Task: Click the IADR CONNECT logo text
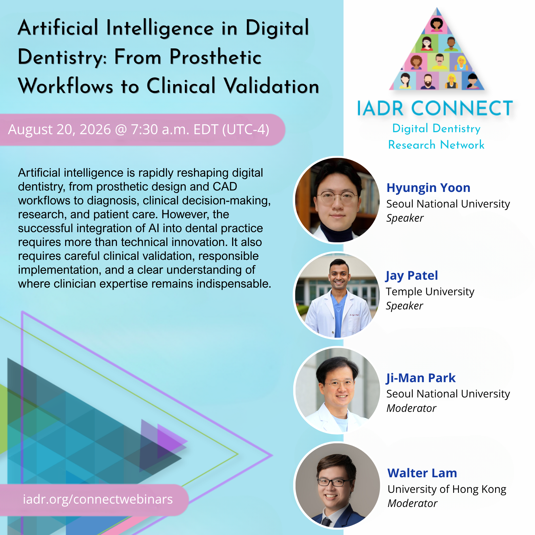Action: click(435, 108)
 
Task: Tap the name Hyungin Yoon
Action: click(428, 188)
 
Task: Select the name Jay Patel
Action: click(412, 276)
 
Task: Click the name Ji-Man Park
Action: click(421, 378)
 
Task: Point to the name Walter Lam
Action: click(422, 473)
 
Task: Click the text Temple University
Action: click(430, 292)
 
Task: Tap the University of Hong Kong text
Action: click(447, 489)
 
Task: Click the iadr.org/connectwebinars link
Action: click(98, 499)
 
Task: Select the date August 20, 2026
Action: click(59, 130)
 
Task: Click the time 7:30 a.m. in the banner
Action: click(160, 130)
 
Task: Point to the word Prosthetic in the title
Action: click(215, 57)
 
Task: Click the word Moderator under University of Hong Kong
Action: click(412, 504)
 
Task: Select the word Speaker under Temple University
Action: click(405, 306)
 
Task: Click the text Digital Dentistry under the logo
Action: click(436, 129)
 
